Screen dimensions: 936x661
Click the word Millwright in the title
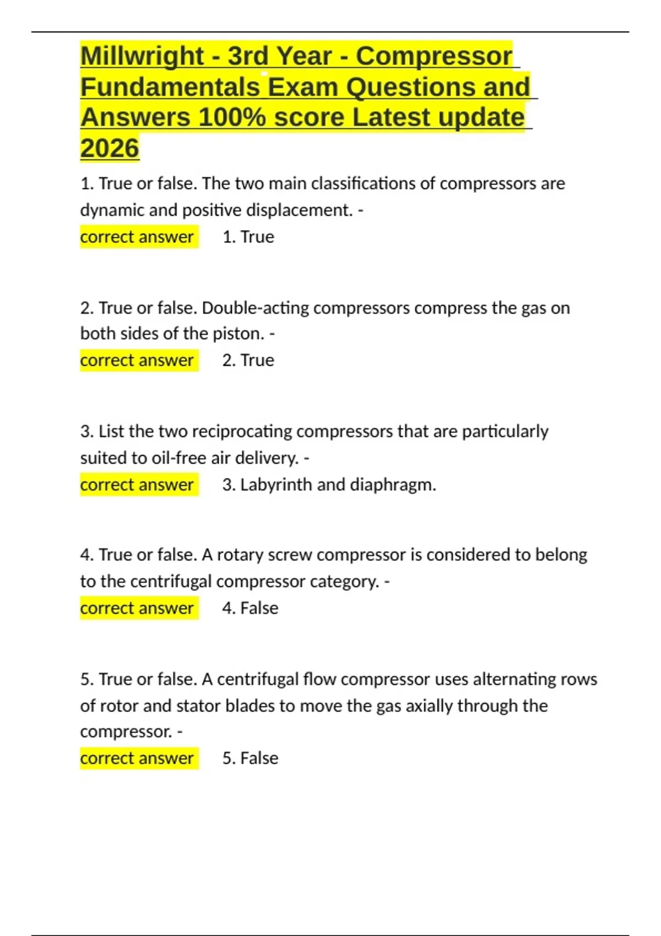click(x=142, y=57)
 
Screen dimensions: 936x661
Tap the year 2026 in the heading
click(x=110, y=148)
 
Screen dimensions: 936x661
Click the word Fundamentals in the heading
click(x=170, y=87)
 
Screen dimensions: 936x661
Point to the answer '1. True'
click(x=248, y=237)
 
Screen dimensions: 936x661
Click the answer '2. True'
click(x=248, y=360)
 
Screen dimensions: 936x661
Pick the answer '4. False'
click(x=250, y=608)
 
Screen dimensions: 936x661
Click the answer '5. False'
click(x=250, y=758)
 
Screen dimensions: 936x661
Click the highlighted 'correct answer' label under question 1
click(x=137, y=237)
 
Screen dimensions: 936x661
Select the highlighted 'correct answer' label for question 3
click(x=137, y=485)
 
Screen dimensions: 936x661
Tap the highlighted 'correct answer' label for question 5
click(x=137, y=758)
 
